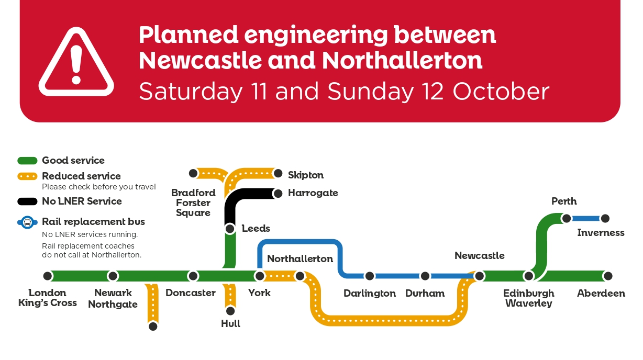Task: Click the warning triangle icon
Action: tap(76, 63)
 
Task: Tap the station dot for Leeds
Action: tap(230, 229)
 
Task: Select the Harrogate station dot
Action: tap(278, 193)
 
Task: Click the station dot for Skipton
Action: tap(278, 174)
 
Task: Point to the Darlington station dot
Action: tap(370, 276)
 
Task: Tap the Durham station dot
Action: tap(425, 276)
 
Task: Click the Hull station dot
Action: tap(230, 311)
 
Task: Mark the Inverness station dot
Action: tap(605, 218)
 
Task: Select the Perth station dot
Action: tap(566, 218)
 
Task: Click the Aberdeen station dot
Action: tap(607, 276)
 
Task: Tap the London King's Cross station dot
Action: tap(48, 276)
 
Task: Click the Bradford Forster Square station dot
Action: tap(193, 173)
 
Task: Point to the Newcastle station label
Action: tap(480, 256)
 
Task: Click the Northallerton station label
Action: tap(300, 259)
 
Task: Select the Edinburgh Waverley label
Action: tap(529, 298)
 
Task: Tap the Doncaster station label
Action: tap(191, 293)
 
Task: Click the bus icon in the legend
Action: tap(28, 222)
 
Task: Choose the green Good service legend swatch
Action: tap(28, 161)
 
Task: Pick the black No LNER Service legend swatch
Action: tap(28, 201)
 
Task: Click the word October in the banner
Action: tap(501, 92)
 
